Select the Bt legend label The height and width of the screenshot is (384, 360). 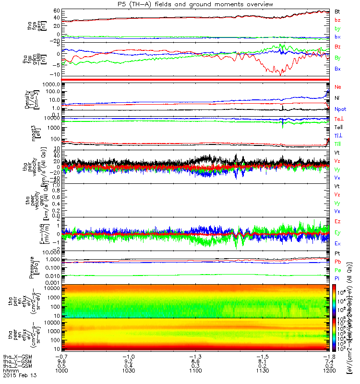[x=337, y=11]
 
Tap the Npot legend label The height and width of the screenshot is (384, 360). [x=340, y=109]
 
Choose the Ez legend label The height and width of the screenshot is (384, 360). [x=338, y=221]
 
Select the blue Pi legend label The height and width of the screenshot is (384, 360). [x=337, y=278]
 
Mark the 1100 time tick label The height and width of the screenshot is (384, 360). [x=194, y=370]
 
